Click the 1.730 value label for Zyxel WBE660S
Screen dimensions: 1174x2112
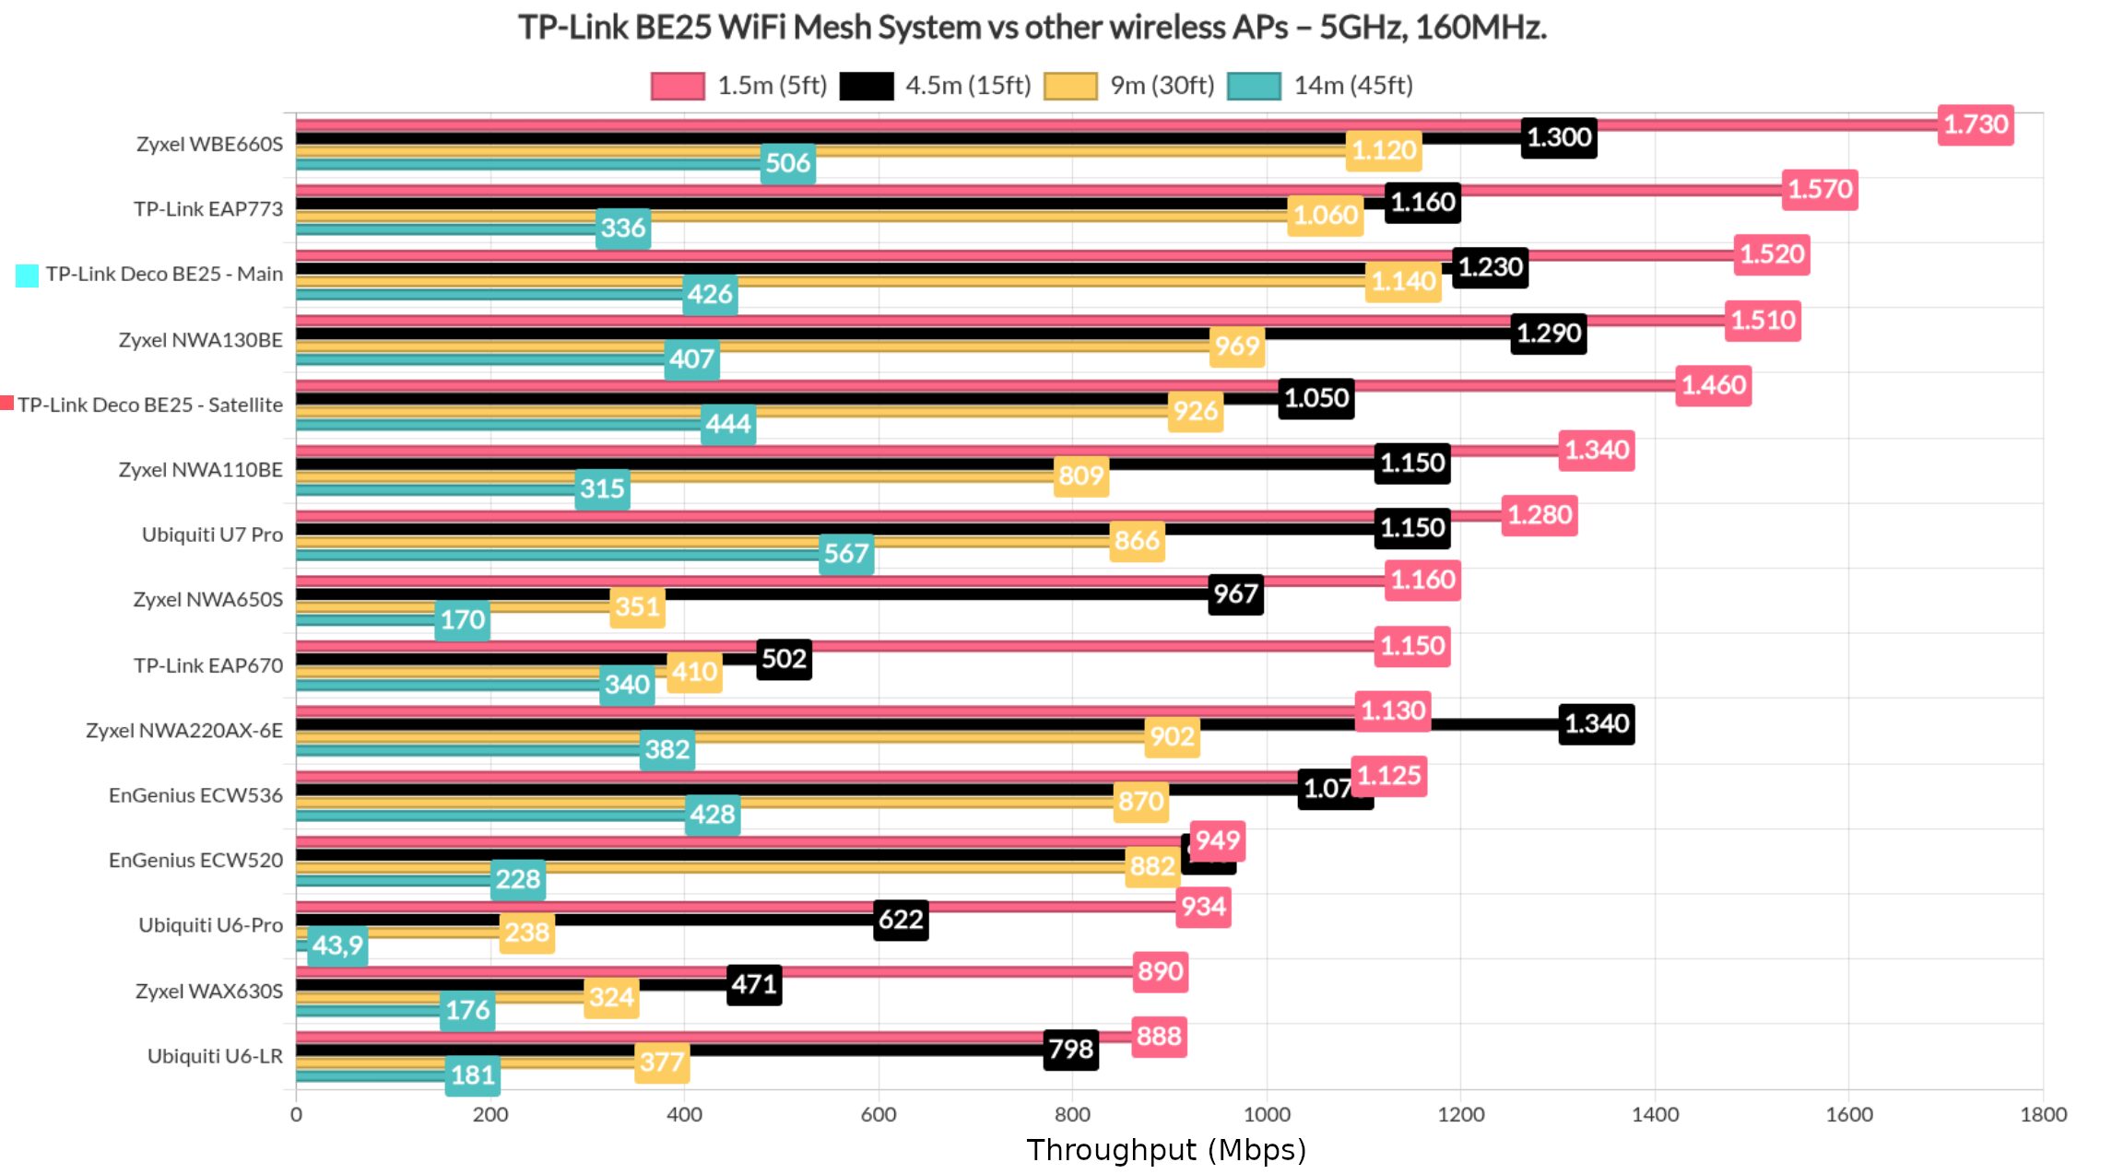[x=1975, y=124]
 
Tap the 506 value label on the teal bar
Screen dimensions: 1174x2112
[x=787, y=163]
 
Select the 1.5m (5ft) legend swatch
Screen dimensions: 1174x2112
[x=678, y=86]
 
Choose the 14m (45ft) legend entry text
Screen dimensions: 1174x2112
[x=1352, y=86]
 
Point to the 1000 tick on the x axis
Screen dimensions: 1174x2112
[x=1267, y=1114]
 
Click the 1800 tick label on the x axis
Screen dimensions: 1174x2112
[x=2043, y=1114]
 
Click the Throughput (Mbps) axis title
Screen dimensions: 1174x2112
[x=1166, y=1150]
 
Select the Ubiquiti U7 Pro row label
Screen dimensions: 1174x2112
[x=212, y=534]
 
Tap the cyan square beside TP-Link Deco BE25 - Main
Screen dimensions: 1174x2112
[x=28, y=275]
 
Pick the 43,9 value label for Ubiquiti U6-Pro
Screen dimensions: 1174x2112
[x=337, y=945]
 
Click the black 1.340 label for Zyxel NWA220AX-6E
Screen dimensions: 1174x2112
[x=1596, y=723]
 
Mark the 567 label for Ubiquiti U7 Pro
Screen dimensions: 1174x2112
[x=846, y=553]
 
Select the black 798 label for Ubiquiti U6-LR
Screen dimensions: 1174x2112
[x=1070, y=1050]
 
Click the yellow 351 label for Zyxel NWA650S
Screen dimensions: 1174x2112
[x=637, y=606]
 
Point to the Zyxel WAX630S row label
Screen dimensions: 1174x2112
[x=208, y=991]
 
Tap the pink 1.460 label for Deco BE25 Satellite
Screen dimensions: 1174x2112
[x=1713, y=385]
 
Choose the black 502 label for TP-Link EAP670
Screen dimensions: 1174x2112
[x=784, y=659]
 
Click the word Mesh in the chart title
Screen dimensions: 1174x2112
[x=832, y=28]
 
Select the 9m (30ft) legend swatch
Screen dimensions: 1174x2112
[x=1070, y=86]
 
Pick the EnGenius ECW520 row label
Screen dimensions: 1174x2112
[x=195, y=860]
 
